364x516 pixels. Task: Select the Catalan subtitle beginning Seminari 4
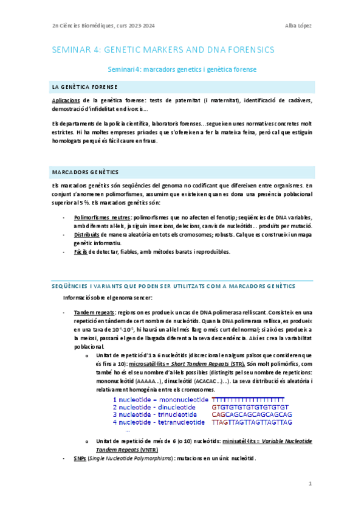[x=182, y=69]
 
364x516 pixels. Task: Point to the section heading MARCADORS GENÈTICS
[x=85, y=173]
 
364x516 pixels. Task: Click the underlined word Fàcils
[x=81, y=251]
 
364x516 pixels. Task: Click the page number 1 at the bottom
[x=309, y=484]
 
